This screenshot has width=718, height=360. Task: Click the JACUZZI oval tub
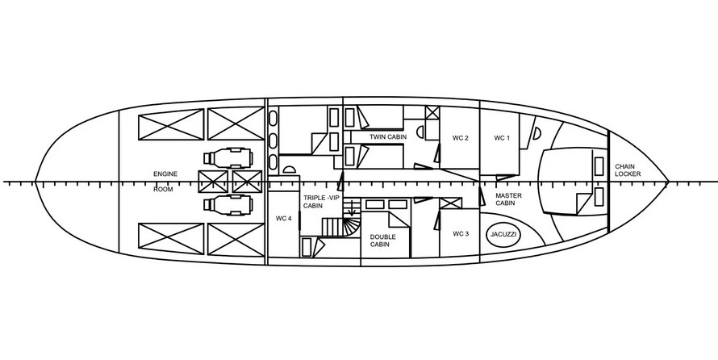503,234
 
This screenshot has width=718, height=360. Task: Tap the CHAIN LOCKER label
628,170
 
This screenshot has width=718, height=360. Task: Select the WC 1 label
502,138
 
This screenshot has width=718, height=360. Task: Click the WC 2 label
460,138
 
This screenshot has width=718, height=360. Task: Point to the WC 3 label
461,233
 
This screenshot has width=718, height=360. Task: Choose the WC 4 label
283,219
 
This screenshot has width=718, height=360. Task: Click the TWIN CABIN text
388,136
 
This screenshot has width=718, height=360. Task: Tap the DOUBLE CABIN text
383,241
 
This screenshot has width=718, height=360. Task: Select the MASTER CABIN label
508,199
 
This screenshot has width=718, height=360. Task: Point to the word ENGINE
165,174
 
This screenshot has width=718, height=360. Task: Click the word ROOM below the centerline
163,189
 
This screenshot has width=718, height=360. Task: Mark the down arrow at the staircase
352,207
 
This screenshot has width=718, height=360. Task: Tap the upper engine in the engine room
228,158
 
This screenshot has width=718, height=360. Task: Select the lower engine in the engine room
228,205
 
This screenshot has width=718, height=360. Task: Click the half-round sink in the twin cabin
419,132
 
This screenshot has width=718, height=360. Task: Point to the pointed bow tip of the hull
668,182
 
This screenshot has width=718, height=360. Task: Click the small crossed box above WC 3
451,203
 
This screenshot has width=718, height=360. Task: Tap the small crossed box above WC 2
432,113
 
